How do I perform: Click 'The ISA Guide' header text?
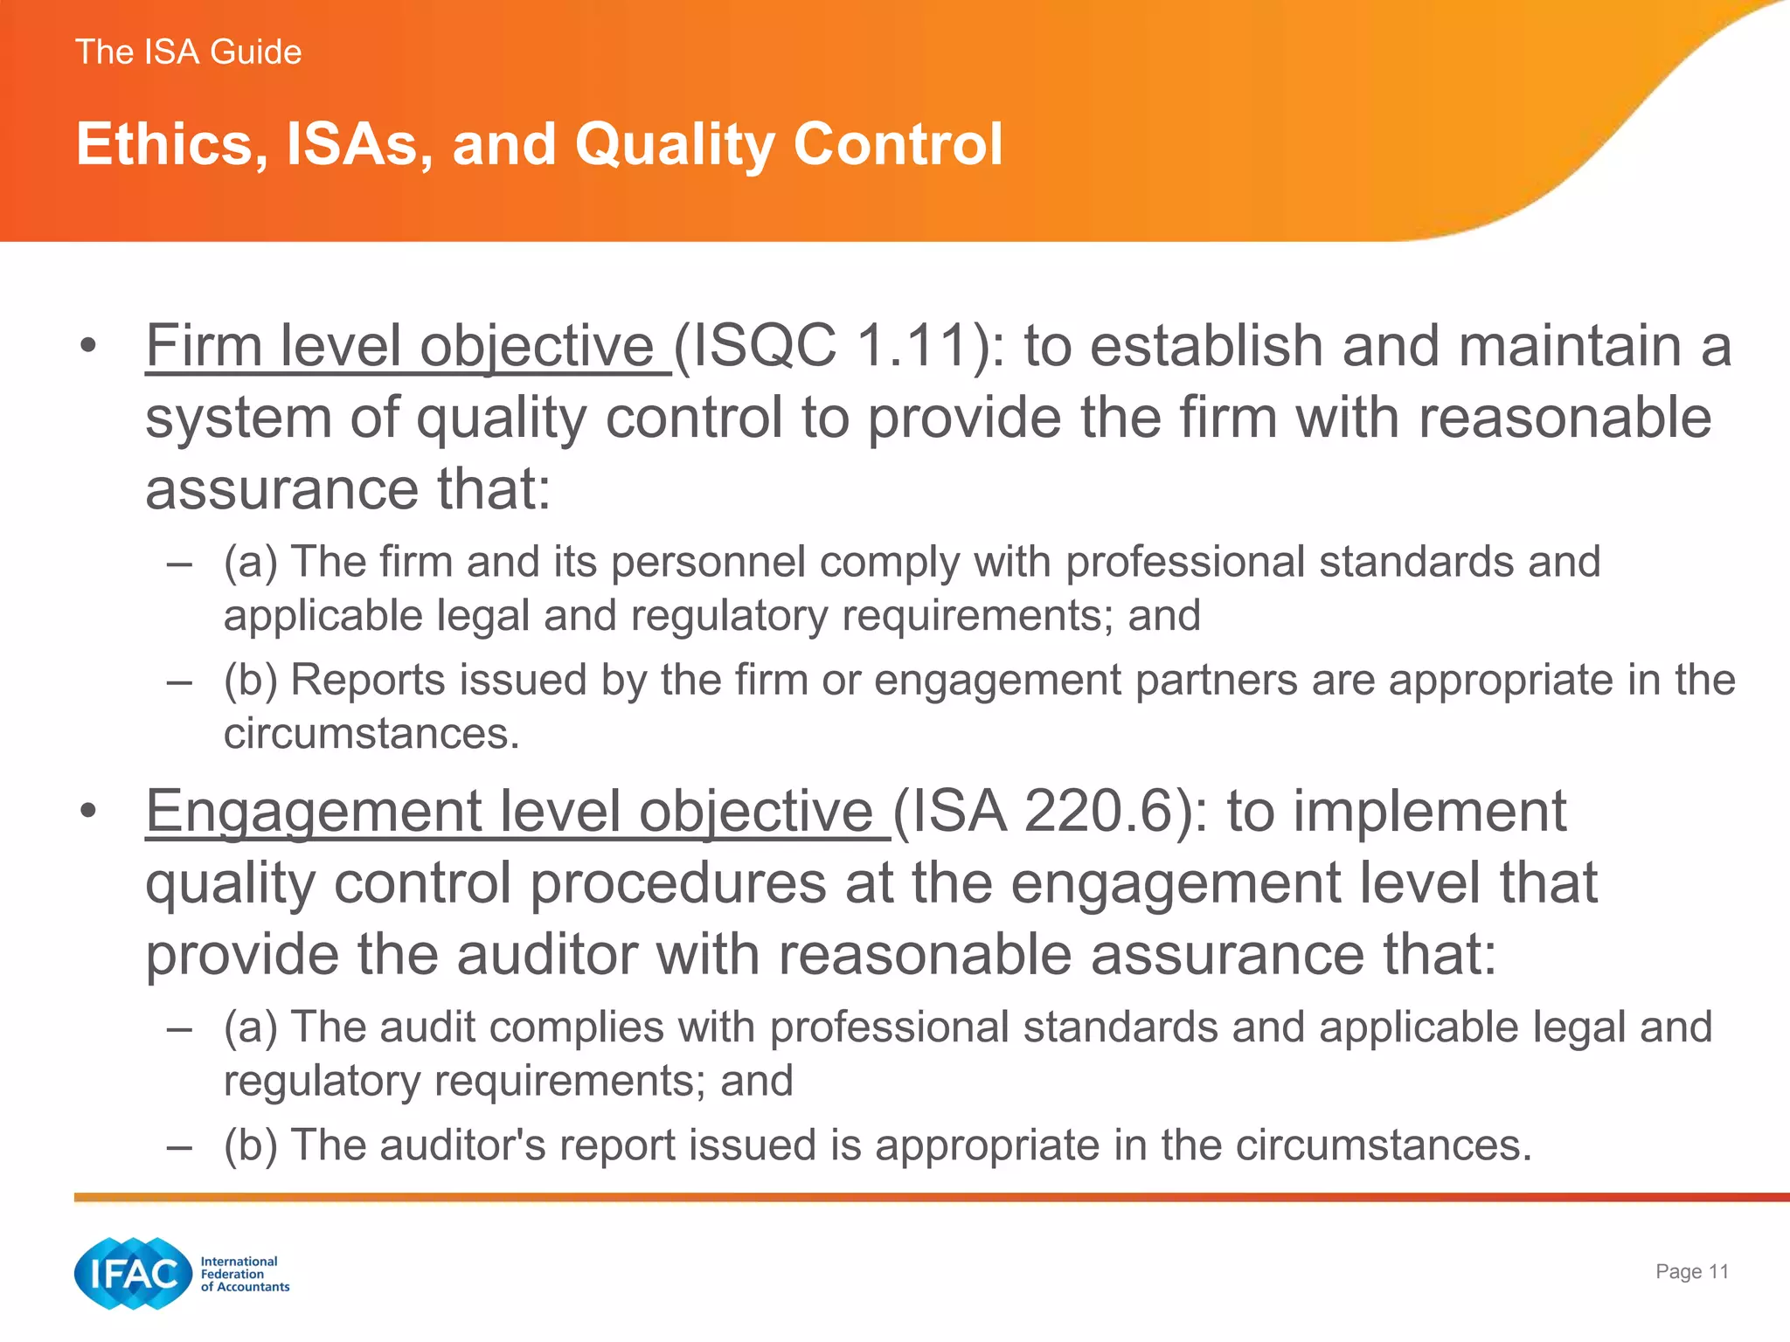point(188,52)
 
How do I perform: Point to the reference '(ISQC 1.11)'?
point(838,346)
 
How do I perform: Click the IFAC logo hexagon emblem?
point(133,1273)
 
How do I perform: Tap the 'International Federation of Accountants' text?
point(244,1274)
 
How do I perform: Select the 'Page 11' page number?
point(1692,1271)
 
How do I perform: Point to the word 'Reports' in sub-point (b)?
point(368,680)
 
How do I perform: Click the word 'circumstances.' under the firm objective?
point(371,734)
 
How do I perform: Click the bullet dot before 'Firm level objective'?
point(87,347)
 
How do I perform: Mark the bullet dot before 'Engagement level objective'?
point(87,813)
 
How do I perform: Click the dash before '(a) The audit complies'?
point(179,1028)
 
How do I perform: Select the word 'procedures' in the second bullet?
point(677,883)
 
